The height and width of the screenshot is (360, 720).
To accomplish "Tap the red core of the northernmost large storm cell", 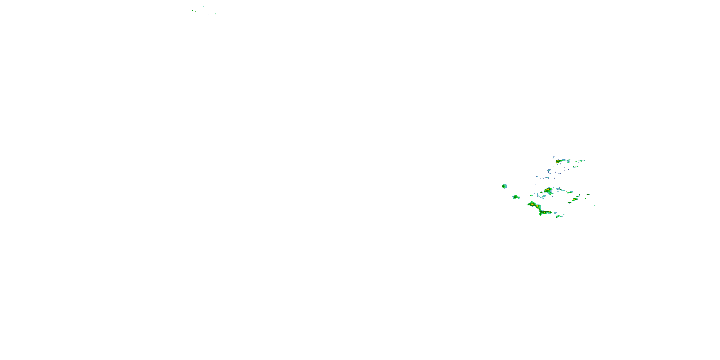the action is click(557, 162).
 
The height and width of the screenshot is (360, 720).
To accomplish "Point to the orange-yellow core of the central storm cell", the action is click(548, 190).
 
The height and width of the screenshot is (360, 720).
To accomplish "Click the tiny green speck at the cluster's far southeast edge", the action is click(594, 206).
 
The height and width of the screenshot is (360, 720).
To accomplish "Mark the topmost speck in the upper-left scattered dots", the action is click(204, 7).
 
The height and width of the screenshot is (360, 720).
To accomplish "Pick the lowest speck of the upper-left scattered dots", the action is click(184, 20).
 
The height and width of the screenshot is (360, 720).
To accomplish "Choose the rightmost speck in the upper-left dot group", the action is click(215, 14).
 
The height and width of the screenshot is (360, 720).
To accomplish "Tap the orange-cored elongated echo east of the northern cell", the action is click(580, 161).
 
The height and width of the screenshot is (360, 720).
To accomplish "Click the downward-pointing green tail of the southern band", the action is click(541, 214).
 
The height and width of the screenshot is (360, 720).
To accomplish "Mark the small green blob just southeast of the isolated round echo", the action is click(516, 197).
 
